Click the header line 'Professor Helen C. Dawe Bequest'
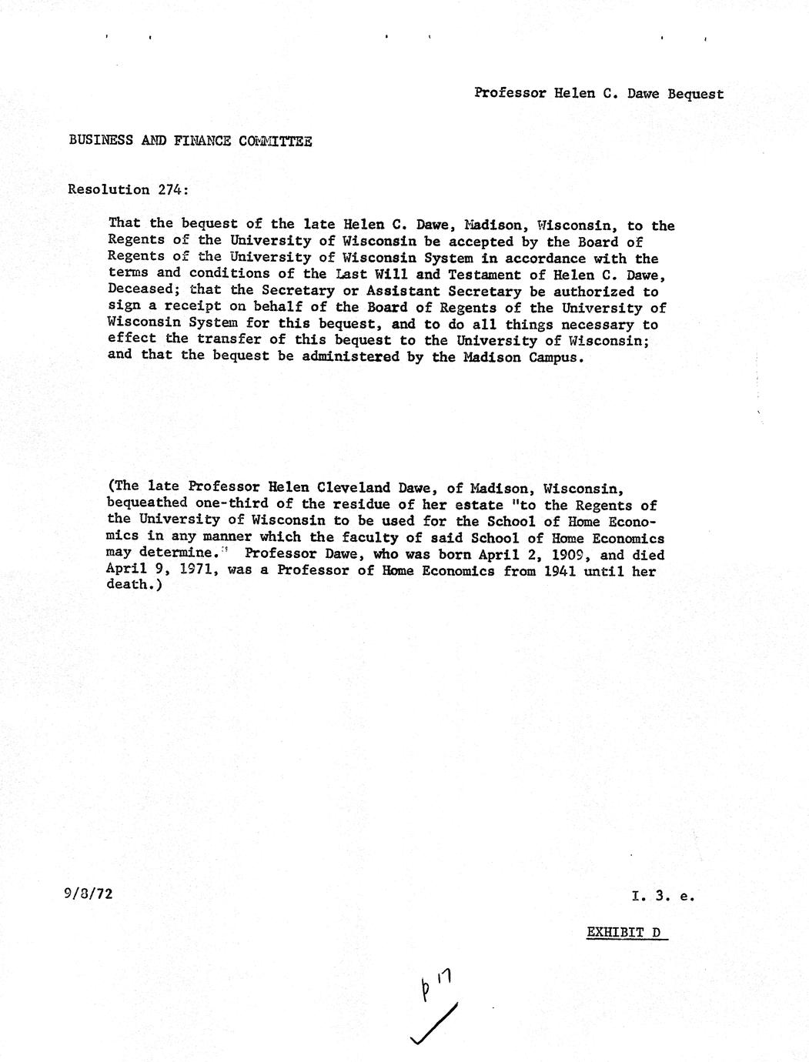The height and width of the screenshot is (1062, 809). click(x=599, y=94)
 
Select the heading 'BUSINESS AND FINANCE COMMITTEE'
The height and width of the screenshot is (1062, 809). click(x=190, y=141)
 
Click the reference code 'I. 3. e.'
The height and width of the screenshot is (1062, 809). click(x=663, y=896)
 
